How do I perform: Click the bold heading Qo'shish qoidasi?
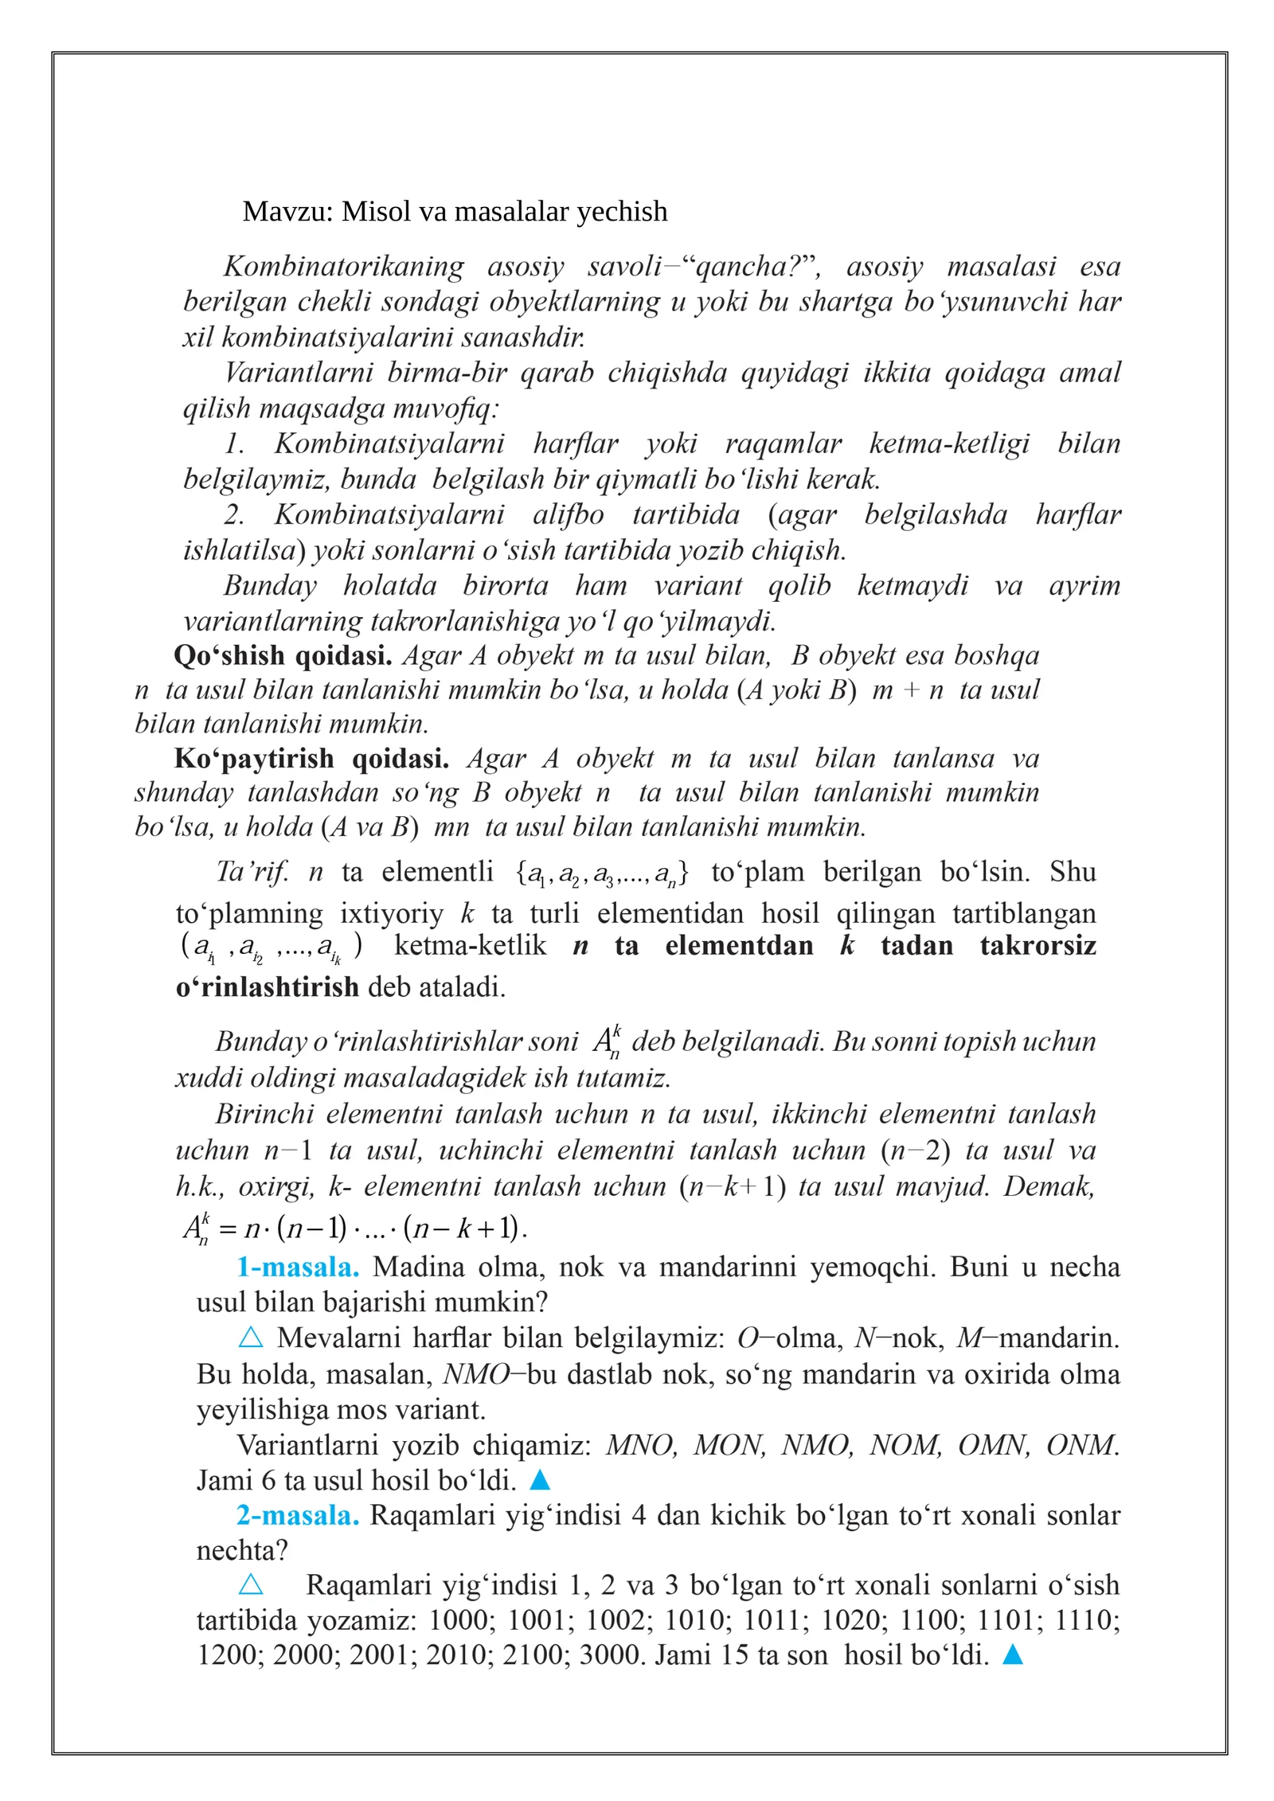click(283, 655)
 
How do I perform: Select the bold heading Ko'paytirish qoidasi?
click(311, 758)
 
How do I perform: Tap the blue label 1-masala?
click(298, 1267)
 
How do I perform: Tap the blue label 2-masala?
click(298, 1514)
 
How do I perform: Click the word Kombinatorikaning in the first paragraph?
click(343, 266)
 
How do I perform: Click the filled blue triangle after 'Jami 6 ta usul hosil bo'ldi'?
click(540, 1479)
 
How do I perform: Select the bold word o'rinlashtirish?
click(268, 987)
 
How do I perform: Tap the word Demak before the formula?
click(1049, 1186)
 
